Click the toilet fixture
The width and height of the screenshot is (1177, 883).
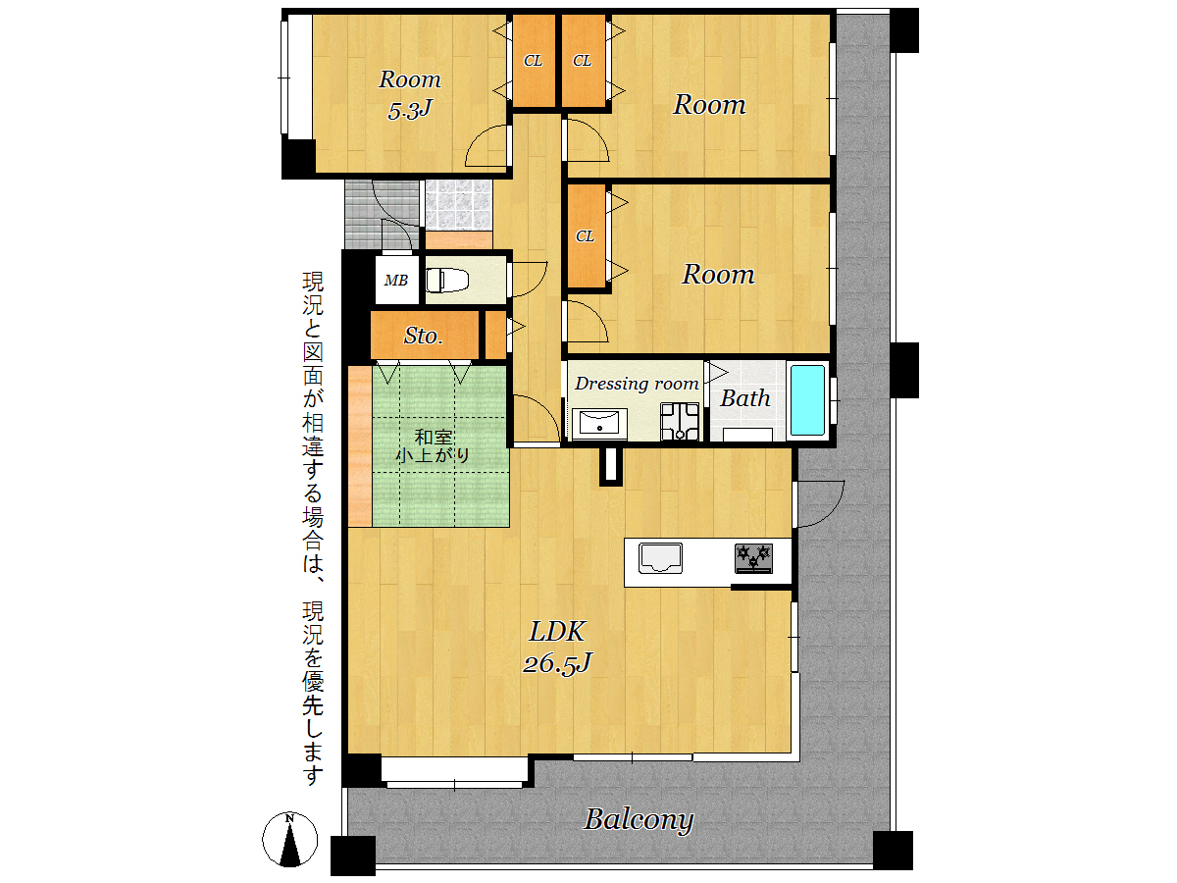pyautogui.click(x=446, y=280)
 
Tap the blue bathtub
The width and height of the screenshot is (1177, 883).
pyautogui.click(x=807, y=400)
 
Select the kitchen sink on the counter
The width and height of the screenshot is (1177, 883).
pyautogui.click(x=660, y=557)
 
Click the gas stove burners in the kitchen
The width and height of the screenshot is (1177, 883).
pyautogui.click(x=753, y=558)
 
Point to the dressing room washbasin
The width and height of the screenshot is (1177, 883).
pyautogui.click(x=599, y=424)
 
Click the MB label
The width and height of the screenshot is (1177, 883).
pyautogui.click(x=395, y=281)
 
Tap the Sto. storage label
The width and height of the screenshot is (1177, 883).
pyautogui.click(x=424, y=337)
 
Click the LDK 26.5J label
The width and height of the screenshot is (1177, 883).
pyautogui.click(x=557, y=648)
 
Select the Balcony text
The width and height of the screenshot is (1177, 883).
pyautogui.click(x=639, y=820)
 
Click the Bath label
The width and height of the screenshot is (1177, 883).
pyautogui.click(x=744, y=398)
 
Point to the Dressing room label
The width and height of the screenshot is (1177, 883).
pyautogui.click(x=637, y=384)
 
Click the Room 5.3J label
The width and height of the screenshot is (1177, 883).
pyautogui.click(x=410, y=94)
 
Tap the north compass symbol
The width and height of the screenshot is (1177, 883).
pyautogui.click(x=289, y=839)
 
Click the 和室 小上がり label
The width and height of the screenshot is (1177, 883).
pyautogui.click(x=433, y=446)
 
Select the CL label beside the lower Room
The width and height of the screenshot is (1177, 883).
pyautogui.click(x=585, y=235)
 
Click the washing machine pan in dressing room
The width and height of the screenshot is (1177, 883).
pyautogui.click(x=680, y=421)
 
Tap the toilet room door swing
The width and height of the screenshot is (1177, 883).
pyautogui.click(x=528, y=280)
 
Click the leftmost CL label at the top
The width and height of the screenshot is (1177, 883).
pyautogui.click(x=533, y=61)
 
